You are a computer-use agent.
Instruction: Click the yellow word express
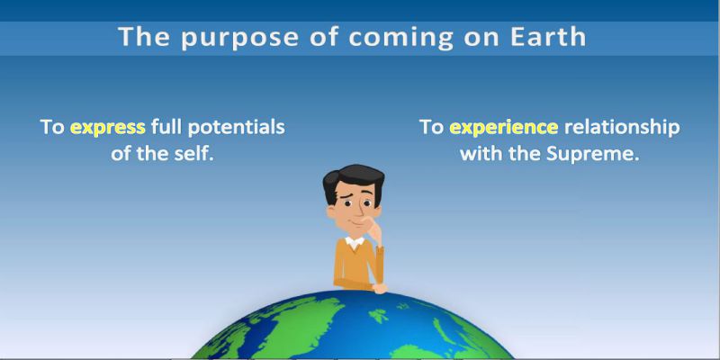(108, 128)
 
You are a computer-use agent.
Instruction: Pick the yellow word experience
(504, 128)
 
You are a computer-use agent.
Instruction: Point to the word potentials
(236, 127)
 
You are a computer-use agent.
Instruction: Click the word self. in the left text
(195, 153)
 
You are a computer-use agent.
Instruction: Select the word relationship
(622, 127)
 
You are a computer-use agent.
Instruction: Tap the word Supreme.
(593, 154)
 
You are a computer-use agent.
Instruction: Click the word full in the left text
(166, 127)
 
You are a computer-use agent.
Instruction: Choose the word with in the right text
(476, 154)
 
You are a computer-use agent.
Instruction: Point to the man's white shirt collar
(355, 242)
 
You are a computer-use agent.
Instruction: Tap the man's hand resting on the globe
(379, 288)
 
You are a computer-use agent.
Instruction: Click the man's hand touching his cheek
(373, 229)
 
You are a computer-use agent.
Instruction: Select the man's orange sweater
(357, 265)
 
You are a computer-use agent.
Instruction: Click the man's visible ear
(330, 211)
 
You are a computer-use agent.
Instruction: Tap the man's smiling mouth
(352, 223)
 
